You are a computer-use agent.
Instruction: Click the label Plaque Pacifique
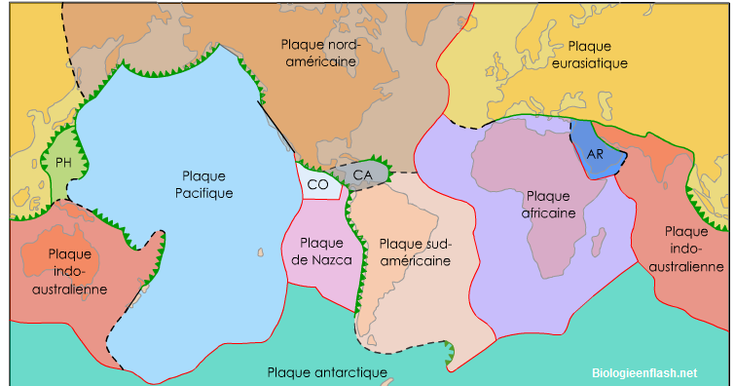203,184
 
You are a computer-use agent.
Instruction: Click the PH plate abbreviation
64,163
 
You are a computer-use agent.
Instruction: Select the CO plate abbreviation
317,182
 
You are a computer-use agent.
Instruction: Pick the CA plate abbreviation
362,175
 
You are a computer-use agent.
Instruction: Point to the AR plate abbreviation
595,155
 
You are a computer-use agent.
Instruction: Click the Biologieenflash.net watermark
644,371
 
